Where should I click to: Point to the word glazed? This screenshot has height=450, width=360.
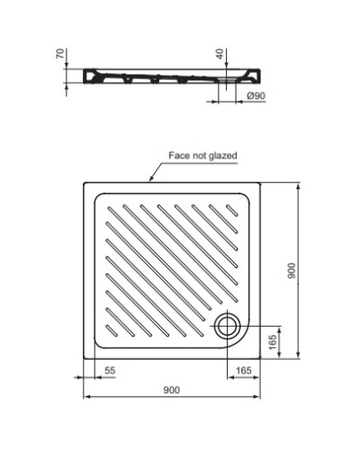(x=223, y=155)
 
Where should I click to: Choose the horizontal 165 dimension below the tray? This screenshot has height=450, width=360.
(x=243, y=370)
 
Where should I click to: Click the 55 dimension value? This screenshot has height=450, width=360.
(x=110, y=370)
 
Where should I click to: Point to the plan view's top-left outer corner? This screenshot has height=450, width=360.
(x=84, y=184)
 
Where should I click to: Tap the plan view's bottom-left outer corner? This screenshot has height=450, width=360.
(x=84, y=360)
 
